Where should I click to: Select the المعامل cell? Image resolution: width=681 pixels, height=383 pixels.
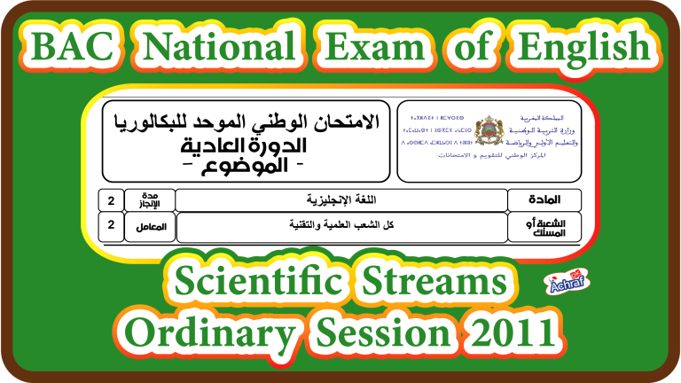[x=150, y=226]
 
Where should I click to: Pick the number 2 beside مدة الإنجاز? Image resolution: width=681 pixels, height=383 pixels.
[x=111, y=199]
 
